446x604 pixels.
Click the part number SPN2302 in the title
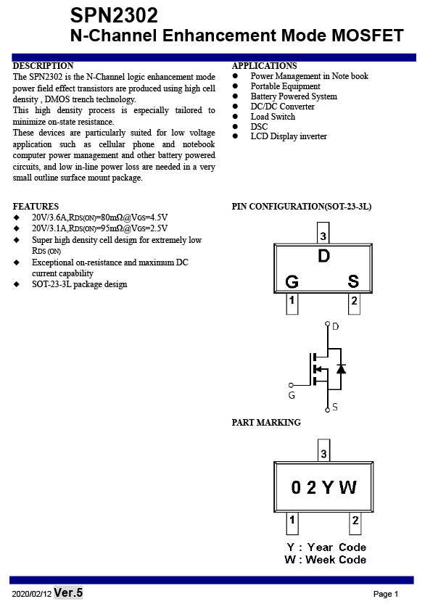pyautogui.click(x=114, y=15)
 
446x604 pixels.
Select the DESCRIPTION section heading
pyautogui.click(x=43, y=66)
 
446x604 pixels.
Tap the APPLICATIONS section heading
pyautogui.click(x=264, y=66)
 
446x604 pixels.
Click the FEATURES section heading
pyautogui.click(x=36, y=207)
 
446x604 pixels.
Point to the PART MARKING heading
pyautogui.click(x=266, y=423)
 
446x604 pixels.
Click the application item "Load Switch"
pyautogui.click(x=273, y=117)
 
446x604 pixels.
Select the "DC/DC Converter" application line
pyautogui.click(x=282, y=107)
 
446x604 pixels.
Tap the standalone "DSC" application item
pyautogui.click(x=259, y=127)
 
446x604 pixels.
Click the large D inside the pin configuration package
pyautogui.click(x=324, y=256)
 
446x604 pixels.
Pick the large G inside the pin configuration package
pyautogui.click(x=292, y=281)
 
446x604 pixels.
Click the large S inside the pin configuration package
pyautogui.click(x=353, y=281)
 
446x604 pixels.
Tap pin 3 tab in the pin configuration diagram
pyautogui.click(x=323, y=233)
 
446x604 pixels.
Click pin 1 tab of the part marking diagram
pyautogui.click(x=292, y=523)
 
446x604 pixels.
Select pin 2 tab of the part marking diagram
pyautogui.click(x=355, y=523)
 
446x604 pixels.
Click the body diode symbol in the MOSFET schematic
pyautogui.click(x=341, y=368)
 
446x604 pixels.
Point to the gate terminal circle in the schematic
pyautogui.click(x=291, y=385)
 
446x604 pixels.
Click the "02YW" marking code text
pyautogui.click(x=323, y=487)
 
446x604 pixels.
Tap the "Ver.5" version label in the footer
pyautogui.click(x=68, y=592)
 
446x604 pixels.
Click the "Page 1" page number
pyautogui.click(x=386, y=594)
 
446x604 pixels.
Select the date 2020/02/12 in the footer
pyautogui.click(x=32, y=594)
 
